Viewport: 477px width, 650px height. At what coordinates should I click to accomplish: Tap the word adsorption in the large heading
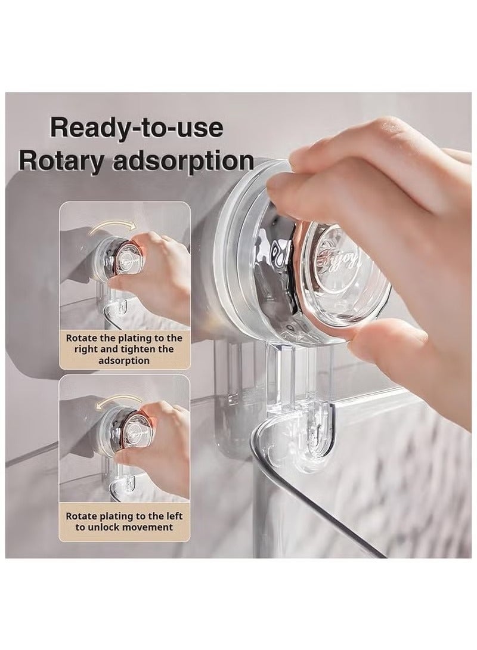point(195,161)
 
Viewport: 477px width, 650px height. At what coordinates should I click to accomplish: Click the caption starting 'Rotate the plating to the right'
point(124,349)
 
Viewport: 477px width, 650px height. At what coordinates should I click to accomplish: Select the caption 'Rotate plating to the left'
point(124,521)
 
